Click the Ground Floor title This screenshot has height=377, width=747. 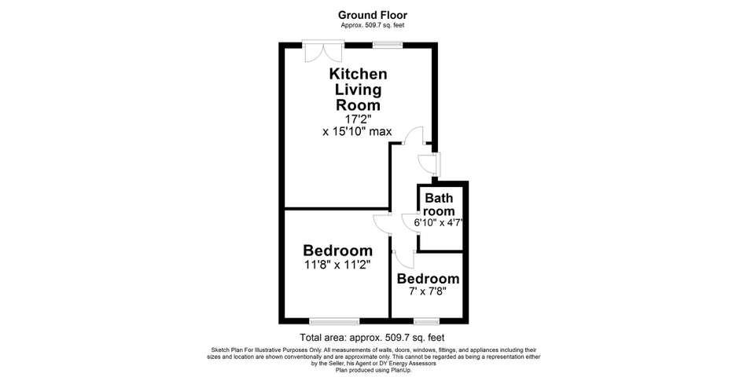373,16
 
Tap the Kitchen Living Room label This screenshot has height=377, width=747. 359,90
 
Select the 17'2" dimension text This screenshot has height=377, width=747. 357,119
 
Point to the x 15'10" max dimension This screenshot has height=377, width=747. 357,131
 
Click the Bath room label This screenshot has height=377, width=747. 440,204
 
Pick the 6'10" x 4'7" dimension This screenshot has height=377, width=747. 438,222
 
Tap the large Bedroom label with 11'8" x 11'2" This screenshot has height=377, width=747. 338,250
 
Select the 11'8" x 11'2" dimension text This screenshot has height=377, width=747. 338,264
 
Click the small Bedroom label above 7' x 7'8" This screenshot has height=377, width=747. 429,279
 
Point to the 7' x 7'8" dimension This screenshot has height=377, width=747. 427,291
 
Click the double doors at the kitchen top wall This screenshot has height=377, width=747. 323,51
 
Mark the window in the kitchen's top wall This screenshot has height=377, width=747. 388,45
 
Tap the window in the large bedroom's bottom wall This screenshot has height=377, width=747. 334,321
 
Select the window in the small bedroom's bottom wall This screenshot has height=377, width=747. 426,321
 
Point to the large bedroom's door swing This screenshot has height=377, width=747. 381,224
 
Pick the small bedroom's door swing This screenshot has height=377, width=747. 403,260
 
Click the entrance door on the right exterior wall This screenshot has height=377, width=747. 429,163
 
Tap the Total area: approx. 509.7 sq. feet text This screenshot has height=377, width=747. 372,338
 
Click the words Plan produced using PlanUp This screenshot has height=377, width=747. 373,370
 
